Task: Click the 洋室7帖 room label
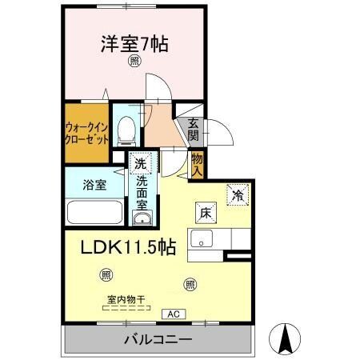(134, 43)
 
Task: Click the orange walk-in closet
(84, 130)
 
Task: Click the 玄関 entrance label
(194, 129)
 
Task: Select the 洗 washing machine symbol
(140, 164)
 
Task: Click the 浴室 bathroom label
(94, 185)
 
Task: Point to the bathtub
(94, 213)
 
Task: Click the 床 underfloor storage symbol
(204, 213)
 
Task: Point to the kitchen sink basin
(201, 238)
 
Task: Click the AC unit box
(174, 314)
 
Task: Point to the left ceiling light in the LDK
(106, 276)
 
